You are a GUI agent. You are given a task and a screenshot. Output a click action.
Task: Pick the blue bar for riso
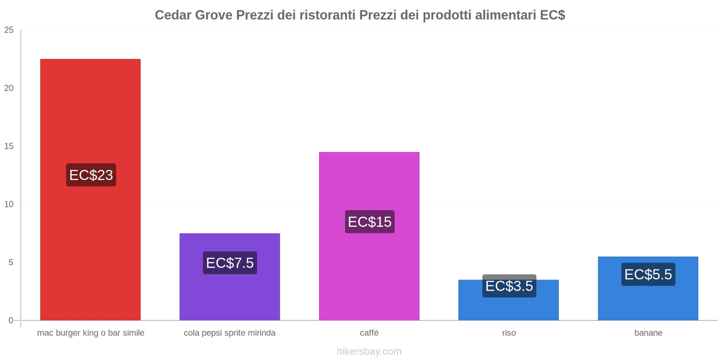(x=508, y=308)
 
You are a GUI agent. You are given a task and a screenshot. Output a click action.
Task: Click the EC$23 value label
(x=91, y=175)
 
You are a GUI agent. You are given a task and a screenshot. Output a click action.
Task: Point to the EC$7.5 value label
(x=230, y=263)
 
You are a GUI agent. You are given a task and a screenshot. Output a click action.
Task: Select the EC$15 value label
(x=369, y=222)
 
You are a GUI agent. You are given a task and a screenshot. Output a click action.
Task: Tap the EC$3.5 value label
(x=509, y=286)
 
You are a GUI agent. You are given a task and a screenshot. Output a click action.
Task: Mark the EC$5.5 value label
(x=648, y=274)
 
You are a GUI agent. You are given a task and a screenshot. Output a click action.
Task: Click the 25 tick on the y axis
(x=9, y=30)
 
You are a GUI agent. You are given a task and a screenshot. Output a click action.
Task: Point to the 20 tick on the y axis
(x=9, y=88)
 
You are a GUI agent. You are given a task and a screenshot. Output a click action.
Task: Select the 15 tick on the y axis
(x=9, y=146)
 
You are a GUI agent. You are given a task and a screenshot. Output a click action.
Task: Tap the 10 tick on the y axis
(x=9, y=204)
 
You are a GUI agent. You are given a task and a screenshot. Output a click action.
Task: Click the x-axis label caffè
(x=369, y=333)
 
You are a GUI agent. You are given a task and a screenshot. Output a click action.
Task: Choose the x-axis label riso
(x=509, y=333)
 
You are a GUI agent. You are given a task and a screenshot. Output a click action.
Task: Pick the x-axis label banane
(x=648, y=333)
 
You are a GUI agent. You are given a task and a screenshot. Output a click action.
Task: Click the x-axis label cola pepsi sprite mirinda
(x=229, y=333)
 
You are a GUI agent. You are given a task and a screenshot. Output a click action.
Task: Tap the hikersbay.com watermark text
(x=369, y=351)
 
